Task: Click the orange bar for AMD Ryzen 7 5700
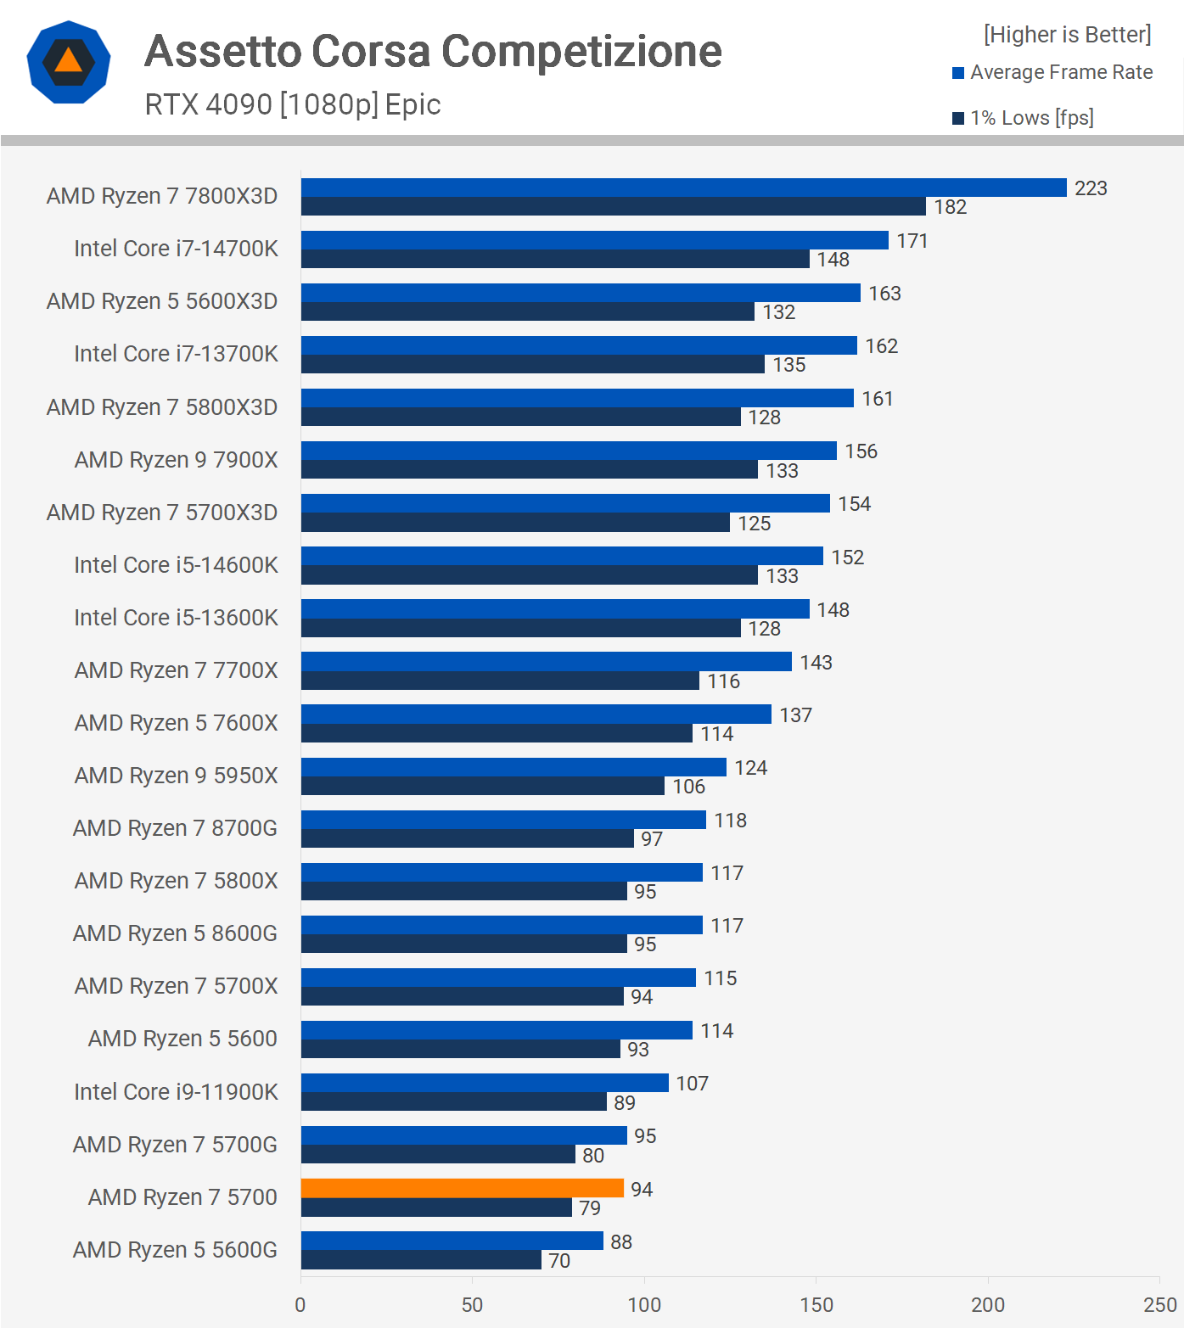coord(463,1188)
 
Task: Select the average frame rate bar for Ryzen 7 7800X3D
coord(683,188)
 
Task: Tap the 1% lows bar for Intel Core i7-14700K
coord(555,259)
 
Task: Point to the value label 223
coord(1091,188)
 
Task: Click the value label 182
coord(951,207)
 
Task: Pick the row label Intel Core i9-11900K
coord(176,1092)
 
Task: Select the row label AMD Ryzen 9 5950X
coord(176,776)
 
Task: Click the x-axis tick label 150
coord(816,1305)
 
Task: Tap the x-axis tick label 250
coord(1159,1305)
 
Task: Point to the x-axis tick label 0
coord(300,1305)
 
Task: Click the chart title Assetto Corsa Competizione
coord(433,51)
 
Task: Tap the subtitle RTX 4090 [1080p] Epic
coord(293,104)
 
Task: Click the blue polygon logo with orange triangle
coord(69,62)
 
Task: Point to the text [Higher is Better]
coord(1067,35)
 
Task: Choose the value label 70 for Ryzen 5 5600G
coord(559,1261)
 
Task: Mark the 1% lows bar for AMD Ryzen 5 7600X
coord(497,733)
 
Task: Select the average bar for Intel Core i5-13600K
coord(555,608)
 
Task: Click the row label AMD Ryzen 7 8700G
coord(175,828)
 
